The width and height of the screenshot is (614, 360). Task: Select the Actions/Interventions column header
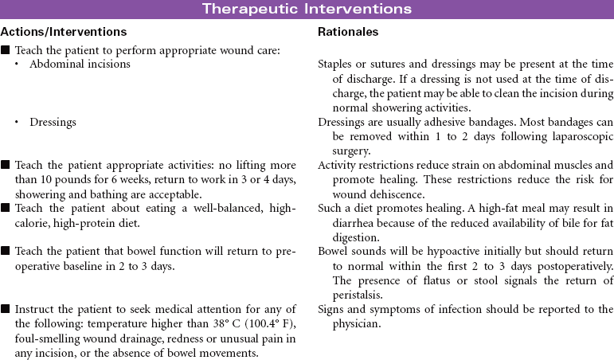[64, 33]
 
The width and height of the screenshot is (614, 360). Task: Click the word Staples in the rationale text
[335, 64]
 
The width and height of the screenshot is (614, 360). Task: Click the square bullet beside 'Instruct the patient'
[6, 310]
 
